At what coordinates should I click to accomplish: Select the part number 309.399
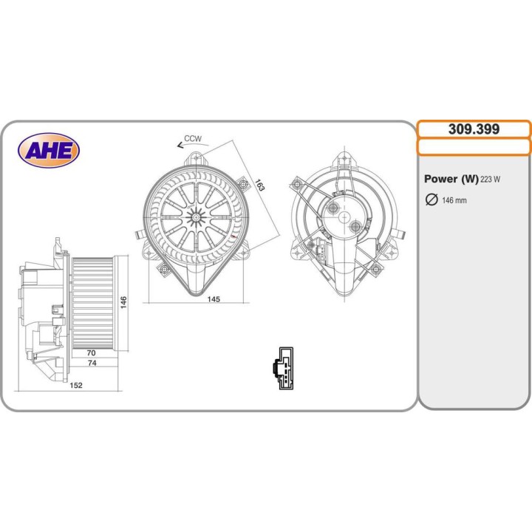[474, 129]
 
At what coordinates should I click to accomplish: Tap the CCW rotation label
[193, 139]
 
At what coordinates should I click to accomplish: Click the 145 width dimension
[213, 299]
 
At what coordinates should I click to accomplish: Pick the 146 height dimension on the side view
[124, 302]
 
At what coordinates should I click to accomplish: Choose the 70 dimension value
[91, 354]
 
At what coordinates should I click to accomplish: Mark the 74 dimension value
[91, 364]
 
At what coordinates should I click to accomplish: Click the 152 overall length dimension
[76, 385]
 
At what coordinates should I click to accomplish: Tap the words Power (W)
[451, 179]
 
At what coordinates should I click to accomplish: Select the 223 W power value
[491, 180]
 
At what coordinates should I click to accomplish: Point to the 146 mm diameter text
[454, 201]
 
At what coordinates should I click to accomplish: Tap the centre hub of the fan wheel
[196, 216]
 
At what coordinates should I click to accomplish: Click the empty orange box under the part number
[474, 146]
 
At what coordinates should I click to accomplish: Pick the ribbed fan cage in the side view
[92, 302]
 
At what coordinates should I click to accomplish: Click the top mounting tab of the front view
[196, 157]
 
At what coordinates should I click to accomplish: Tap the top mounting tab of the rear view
[344, 159]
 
